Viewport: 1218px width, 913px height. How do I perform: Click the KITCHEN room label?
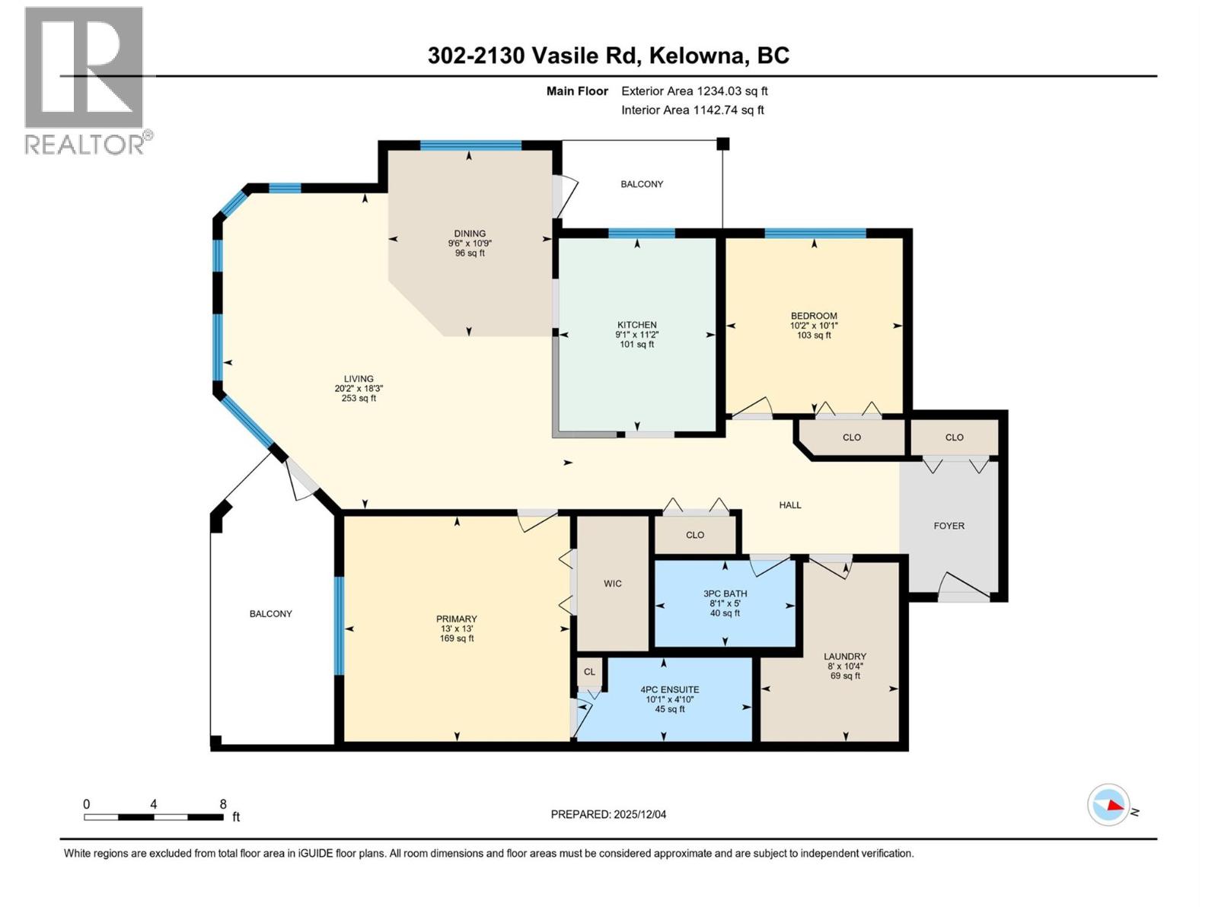coord(636,325)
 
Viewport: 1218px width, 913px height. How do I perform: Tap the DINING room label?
coord(470,234)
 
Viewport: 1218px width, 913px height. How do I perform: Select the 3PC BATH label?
coord(725,593)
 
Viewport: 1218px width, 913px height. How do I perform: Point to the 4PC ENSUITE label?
coord(669,689)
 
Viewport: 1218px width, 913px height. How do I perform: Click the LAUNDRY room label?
coord(844,656)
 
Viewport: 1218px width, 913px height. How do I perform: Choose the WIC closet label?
coord(613,584)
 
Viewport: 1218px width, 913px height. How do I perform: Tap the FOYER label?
coord(949,526)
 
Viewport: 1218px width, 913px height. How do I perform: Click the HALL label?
coord(790,504)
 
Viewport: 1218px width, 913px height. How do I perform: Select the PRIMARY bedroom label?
coord(456,619)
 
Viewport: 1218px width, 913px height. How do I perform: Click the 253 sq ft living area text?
coord(359,398)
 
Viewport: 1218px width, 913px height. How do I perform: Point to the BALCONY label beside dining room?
coord(642,184)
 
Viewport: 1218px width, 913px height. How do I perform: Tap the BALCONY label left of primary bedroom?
coord(270,613)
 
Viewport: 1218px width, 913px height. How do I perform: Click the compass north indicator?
coord(1109,805)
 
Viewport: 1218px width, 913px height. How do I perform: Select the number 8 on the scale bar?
coord(223,803)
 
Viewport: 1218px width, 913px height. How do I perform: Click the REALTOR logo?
coord(85,80)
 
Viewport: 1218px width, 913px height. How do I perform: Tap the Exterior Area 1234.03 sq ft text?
coord(694,91)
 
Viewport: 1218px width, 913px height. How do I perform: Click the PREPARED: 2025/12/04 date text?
coord(608,814)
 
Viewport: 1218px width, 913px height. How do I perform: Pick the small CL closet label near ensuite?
coord(589,672)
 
